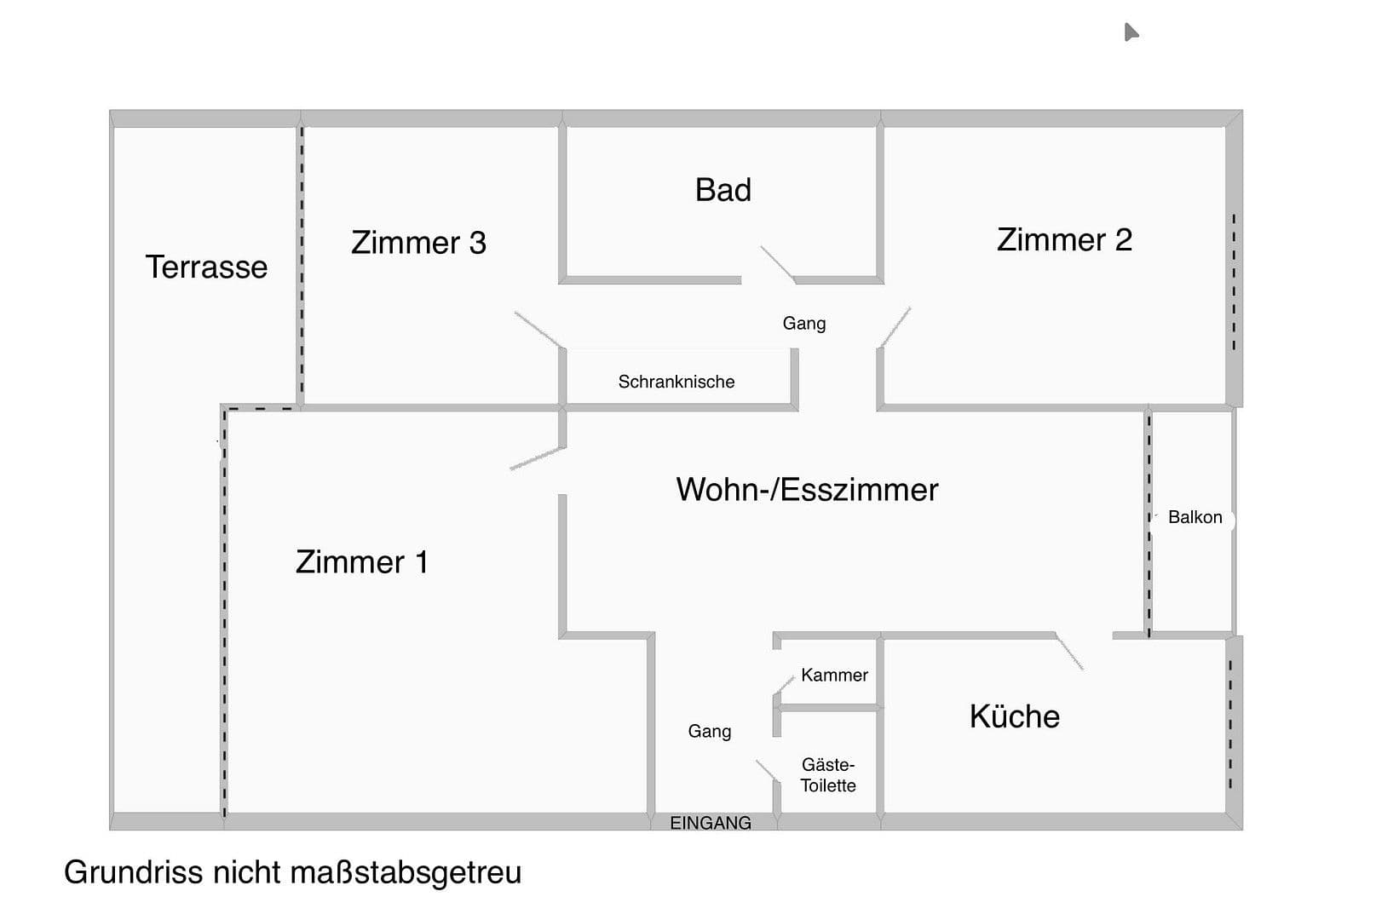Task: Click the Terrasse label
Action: coord(206,267)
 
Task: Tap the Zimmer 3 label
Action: coord(418,243)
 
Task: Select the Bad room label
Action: coord(723,190)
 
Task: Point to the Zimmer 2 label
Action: coord(1064,240)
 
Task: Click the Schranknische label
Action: coord(676,382)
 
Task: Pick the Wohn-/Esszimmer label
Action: coord(807,490)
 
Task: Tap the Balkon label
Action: coord(1195,517)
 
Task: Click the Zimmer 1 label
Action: coord(361,562)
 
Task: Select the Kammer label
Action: coord(834,675)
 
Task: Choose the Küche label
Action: coord(1014,716)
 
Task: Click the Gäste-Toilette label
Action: coord(827,775)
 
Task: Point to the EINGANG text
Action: coord(711,823)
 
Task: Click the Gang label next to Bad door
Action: coord(803,324)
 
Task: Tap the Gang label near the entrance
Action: coord(709,731)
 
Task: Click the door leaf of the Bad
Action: coord(777,263)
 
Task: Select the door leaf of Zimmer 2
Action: coord(895,327)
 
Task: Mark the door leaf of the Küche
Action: coord(1070,653)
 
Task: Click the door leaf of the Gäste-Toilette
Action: coord(767,770)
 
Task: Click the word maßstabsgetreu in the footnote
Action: coord(406,873)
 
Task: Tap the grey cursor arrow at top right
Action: coord(1130,32)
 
